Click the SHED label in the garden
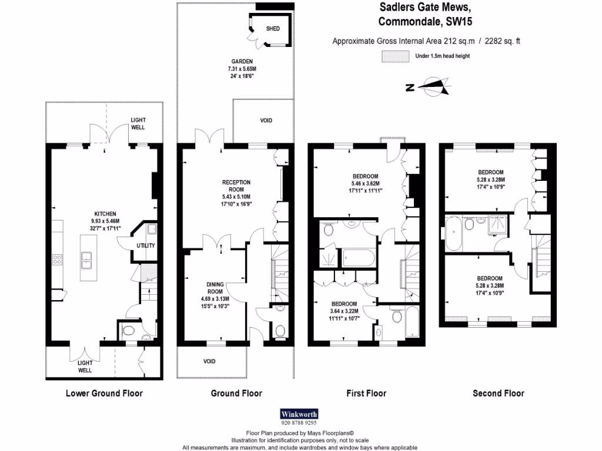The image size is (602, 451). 273,28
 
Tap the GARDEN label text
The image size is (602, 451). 242,61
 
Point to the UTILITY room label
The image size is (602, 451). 146,245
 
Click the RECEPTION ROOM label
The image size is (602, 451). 236,186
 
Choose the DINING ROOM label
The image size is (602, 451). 215,288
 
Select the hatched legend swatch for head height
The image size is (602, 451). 395,56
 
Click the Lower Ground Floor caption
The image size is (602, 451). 104,393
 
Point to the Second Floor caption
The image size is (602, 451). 499,393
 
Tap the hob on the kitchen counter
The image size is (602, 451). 59,260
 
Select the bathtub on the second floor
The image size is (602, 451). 454,233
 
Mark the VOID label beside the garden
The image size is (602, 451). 266,120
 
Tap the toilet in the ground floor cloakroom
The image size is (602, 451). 280,331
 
